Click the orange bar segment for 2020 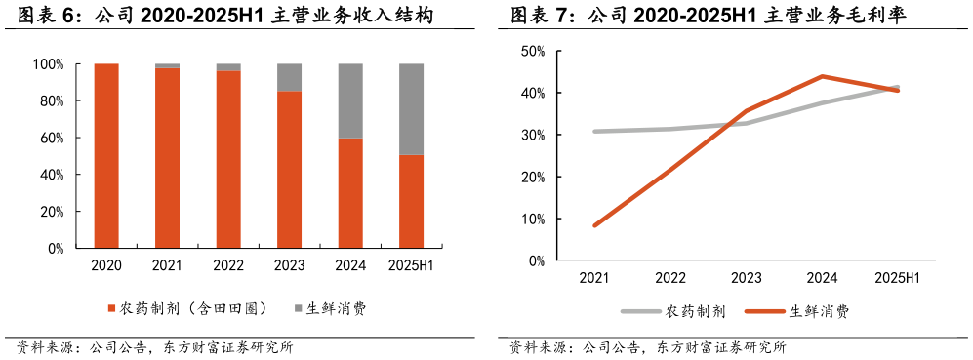coord(106,156)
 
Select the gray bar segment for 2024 coord(350,100)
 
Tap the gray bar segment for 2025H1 coord(411,109)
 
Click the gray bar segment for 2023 coord(289,77)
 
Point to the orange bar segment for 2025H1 coord(411,201)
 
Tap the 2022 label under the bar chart coord(228,266)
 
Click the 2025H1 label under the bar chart coord(411,266)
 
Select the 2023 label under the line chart coord(746,278)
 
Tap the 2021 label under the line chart coord(593,278)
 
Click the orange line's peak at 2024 coord(822,76)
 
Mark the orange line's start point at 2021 coord(594,225)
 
